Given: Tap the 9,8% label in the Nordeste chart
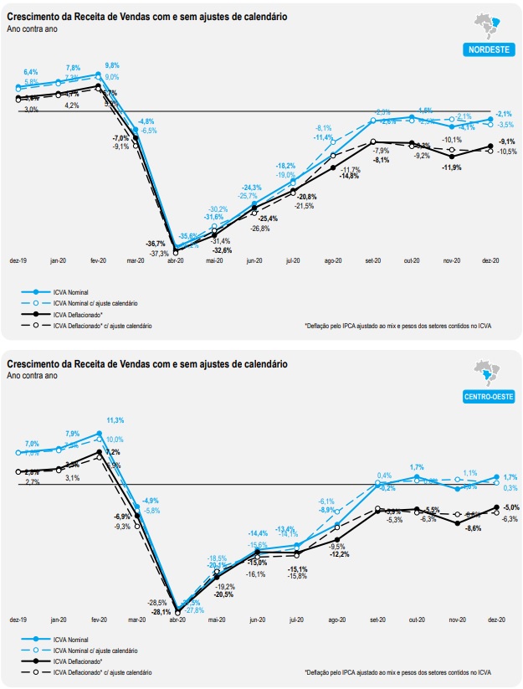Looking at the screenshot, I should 112,65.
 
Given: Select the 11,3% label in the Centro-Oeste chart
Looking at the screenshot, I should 115,420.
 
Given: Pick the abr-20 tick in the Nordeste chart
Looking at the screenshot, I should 176,261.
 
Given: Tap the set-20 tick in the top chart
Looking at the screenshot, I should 372,261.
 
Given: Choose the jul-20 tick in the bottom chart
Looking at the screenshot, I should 294,620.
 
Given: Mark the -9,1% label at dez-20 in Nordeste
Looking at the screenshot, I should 506,141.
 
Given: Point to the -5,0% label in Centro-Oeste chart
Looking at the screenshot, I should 510,507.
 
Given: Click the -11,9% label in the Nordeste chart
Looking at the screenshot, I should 452,167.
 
